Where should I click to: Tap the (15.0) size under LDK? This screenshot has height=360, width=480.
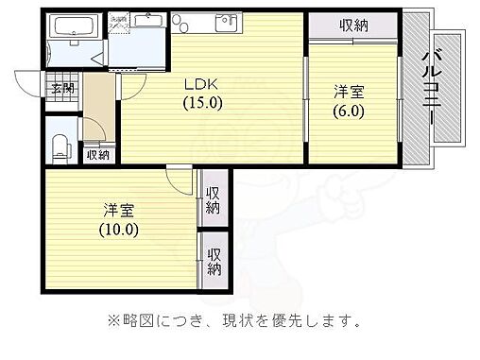click(201, 103)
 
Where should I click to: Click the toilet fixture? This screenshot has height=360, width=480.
click(61, 145)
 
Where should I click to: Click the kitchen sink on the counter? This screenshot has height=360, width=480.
click(227, 24)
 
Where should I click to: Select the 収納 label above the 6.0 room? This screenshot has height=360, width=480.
click(353, 26)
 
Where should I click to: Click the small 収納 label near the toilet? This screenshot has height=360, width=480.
click(97, 155)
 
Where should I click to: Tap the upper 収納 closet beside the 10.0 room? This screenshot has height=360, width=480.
click(214, 199)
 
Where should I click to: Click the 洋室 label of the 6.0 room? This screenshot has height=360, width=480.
click(349, 91)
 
